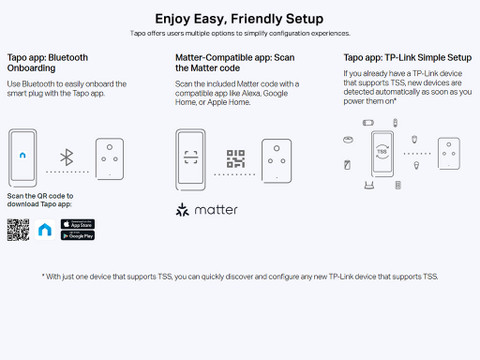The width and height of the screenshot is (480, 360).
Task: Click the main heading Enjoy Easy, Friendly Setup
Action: click(239, 19)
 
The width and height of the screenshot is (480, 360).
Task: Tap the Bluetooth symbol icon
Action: click(67, 157)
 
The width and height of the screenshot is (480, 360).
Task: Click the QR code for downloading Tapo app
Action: click(18, 230)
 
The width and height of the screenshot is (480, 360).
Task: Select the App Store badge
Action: click(78, 224)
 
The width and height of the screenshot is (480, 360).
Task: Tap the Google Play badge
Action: click(78, 236)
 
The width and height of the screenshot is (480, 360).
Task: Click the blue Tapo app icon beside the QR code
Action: click(45, 230)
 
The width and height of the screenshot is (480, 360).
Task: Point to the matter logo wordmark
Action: click(207, 210)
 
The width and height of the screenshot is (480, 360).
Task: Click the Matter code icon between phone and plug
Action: click(236, 158)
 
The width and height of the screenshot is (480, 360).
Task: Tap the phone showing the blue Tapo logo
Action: click(23, 158)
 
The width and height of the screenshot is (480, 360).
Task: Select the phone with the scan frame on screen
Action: click(190, 160)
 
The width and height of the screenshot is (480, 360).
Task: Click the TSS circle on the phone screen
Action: click(382, 152)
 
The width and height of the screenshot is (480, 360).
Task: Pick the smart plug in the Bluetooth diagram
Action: click(110, 159)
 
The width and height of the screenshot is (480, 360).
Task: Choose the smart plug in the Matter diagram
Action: click(277, 161)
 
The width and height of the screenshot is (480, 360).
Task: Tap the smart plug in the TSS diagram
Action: click(449, 153)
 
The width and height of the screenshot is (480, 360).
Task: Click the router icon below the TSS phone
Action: click(369, 185)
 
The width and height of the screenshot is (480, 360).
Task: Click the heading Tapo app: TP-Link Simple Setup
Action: click(408, 58)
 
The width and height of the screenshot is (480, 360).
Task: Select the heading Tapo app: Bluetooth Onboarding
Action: click(48, 63)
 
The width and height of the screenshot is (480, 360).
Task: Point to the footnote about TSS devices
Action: click(240, 277)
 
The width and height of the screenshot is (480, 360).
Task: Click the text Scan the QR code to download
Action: click(40, 200)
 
